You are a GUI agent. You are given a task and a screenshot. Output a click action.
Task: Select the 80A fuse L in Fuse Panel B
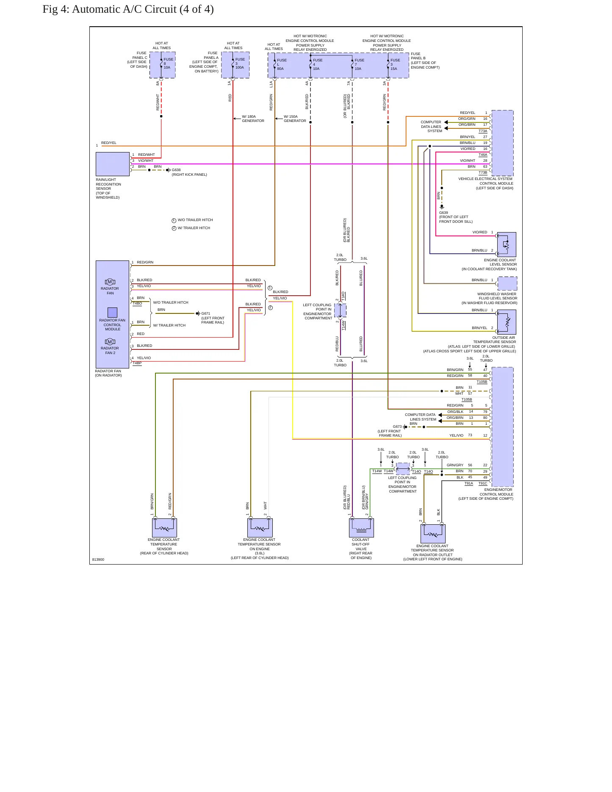click(280, 64)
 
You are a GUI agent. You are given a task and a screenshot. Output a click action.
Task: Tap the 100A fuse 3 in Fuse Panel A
click(238, 64)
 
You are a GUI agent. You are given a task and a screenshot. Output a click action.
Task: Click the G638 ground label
click(176, 170)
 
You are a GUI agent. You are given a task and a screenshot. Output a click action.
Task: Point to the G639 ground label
click(443, 213)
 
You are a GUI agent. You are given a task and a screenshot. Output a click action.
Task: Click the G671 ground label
click(205, 313)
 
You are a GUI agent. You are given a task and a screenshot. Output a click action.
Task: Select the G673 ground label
click(397, 426)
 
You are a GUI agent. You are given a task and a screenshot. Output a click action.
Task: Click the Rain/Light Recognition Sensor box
click(113, 164)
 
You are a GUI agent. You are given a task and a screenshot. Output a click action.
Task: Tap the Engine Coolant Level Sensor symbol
click(507, 244)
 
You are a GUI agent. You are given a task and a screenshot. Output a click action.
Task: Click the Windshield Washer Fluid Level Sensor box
click(507, 283)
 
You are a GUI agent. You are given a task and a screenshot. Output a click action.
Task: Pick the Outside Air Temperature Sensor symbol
click(507, 322)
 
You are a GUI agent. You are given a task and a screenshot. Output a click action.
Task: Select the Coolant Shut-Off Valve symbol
click(361, 528)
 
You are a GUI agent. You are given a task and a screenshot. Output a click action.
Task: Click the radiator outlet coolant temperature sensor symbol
click(433, 534)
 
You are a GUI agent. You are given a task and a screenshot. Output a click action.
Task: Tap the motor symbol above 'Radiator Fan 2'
click(110, 342)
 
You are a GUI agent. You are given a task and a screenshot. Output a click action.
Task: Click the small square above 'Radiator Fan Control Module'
click(112, 312)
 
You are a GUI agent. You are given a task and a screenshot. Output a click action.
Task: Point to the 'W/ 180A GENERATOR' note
click(253, 119)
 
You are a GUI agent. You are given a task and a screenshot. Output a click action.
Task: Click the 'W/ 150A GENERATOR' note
click(295, 119)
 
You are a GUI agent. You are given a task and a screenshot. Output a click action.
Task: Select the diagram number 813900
click(98, 559)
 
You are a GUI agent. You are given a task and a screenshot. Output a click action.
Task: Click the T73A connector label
click(483, 131)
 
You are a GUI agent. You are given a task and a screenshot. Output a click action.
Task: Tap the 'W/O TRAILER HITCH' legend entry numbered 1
click(192, 220)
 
